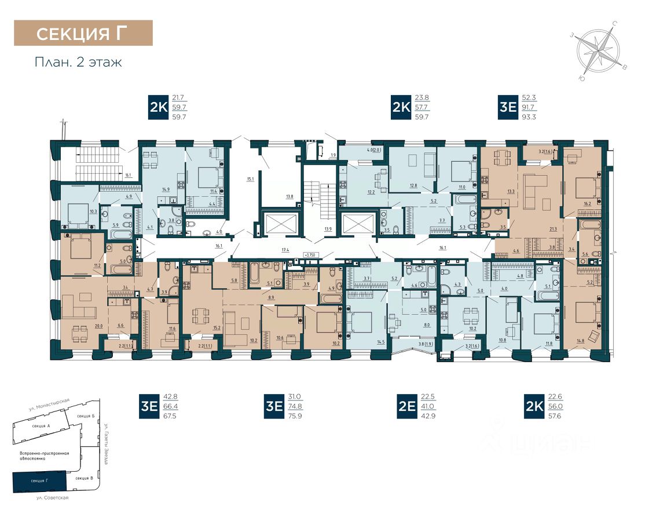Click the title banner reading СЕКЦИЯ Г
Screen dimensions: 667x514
tap(83, 33)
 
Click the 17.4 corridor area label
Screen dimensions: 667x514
tap(285, 250)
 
